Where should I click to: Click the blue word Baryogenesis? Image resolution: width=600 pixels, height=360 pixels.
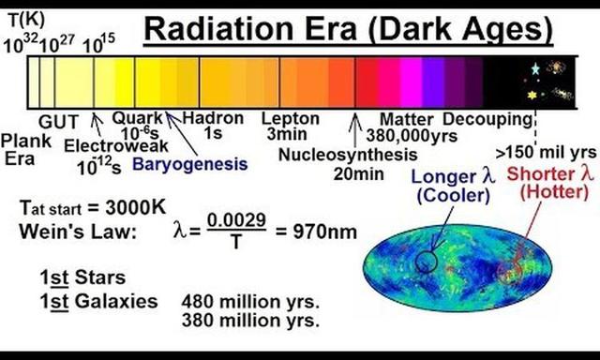click(189, 163)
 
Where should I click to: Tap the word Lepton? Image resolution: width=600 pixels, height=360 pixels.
click(290, 119)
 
